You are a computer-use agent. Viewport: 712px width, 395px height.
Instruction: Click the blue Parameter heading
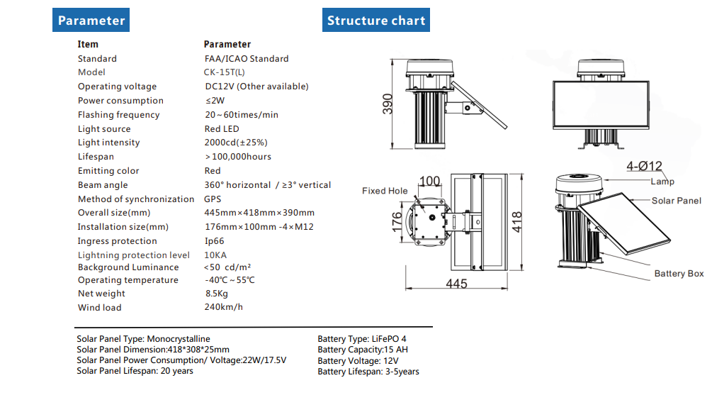point(91,21)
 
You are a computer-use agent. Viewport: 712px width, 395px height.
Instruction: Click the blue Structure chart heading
point(376,21)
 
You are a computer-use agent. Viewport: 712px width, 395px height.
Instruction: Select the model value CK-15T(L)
point(225,72)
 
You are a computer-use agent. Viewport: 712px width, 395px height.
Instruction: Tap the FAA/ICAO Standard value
point(246,59)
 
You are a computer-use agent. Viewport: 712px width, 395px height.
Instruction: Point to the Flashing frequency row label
point(118,115)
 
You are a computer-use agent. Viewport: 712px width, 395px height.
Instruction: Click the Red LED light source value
point(222,129)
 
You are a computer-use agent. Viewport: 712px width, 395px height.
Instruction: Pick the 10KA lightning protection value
point(216,255)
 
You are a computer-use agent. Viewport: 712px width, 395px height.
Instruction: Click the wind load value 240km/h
point(223,307)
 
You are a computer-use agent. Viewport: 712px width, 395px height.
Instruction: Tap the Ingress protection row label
point(117,241)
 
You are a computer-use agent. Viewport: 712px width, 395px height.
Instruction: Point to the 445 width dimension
point(456,283)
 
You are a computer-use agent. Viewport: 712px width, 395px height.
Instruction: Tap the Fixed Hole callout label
point(385,191)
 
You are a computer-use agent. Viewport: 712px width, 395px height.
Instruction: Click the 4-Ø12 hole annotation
point(644,167)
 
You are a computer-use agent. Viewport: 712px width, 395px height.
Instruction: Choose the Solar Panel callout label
point(676,201)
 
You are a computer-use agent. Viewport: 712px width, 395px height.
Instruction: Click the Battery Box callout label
point(679,274)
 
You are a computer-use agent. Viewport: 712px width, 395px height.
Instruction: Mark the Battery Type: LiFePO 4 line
point(362,339)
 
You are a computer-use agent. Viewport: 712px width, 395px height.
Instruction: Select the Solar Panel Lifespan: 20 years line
point(135,371)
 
